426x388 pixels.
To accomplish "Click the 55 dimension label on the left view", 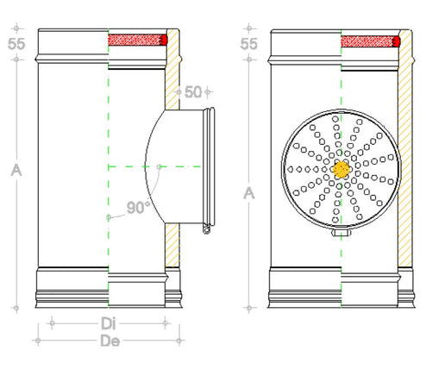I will coord(15,44).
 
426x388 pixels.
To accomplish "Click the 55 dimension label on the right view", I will coord(248,44).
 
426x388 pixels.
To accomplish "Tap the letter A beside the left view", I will coord(16,171).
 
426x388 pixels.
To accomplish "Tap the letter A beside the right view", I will coord(249,192).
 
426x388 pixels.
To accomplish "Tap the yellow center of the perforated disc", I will coord(341,169).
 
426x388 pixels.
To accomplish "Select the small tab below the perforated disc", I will coord(341,232).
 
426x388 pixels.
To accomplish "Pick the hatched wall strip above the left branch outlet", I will coord(171,69).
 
